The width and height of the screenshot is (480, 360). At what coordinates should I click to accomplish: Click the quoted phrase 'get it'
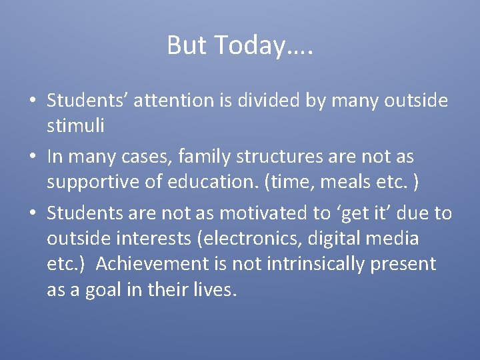[x=356, y=213]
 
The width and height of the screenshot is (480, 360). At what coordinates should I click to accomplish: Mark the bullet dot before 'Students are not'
[x=33, y=214]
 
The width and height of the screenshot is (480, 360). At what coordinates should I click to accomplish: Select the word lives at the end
[x=217, y=289]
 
